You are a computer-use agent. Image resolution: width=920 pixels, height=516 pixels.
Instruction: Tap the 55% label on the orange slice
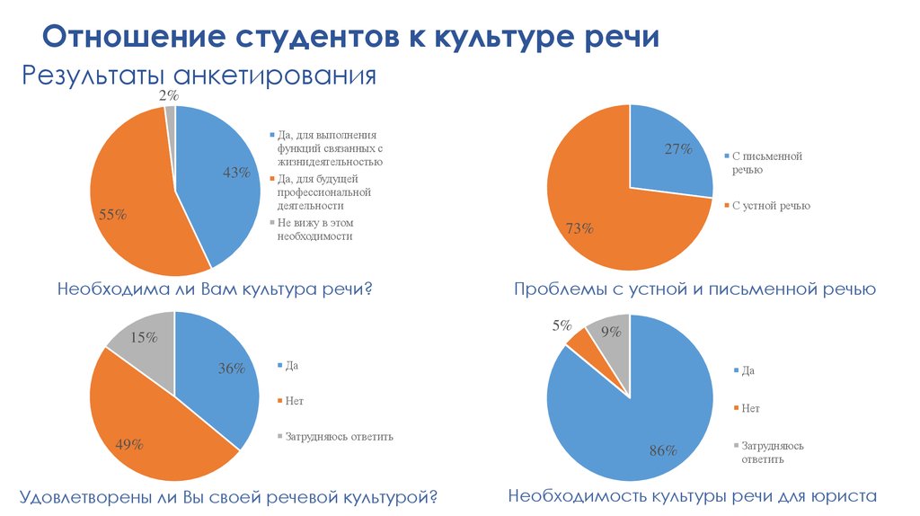point(112,215)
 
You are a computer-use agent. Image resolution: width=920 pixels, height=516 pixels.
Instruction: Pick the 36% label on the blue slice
point(232,368)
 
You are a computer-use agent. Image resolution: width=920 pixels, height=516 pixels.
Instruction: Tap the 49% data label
point(129,444)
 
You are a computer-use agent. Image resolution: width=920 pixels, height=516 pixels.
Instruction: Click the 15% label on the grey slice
point(144,337)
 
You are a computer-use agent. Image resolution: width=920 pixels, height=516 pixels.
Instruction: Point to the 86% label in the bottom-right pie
point(662,450)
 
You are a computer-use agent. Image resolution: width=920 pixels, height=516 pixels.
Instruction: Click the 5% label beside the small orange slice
point(562,326)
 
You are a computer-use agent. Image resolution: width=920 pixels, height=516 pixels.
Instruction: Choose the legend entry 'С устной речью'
point(770,206)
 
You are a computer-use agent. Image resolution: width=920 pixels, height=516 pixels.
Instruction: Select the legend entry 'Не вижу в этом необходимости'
point(314,229)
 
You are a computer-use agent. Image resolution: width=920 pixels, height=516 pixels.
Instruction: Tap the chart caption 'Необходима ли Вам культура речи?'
point(215,289)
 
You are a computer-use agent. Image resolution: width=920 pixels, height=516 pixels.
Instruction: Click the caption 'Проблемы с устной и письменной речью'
point(694,289)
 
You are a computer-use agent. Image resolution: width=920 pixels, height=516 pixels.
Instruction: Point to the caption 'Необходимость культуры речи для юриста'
point(692,495)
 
